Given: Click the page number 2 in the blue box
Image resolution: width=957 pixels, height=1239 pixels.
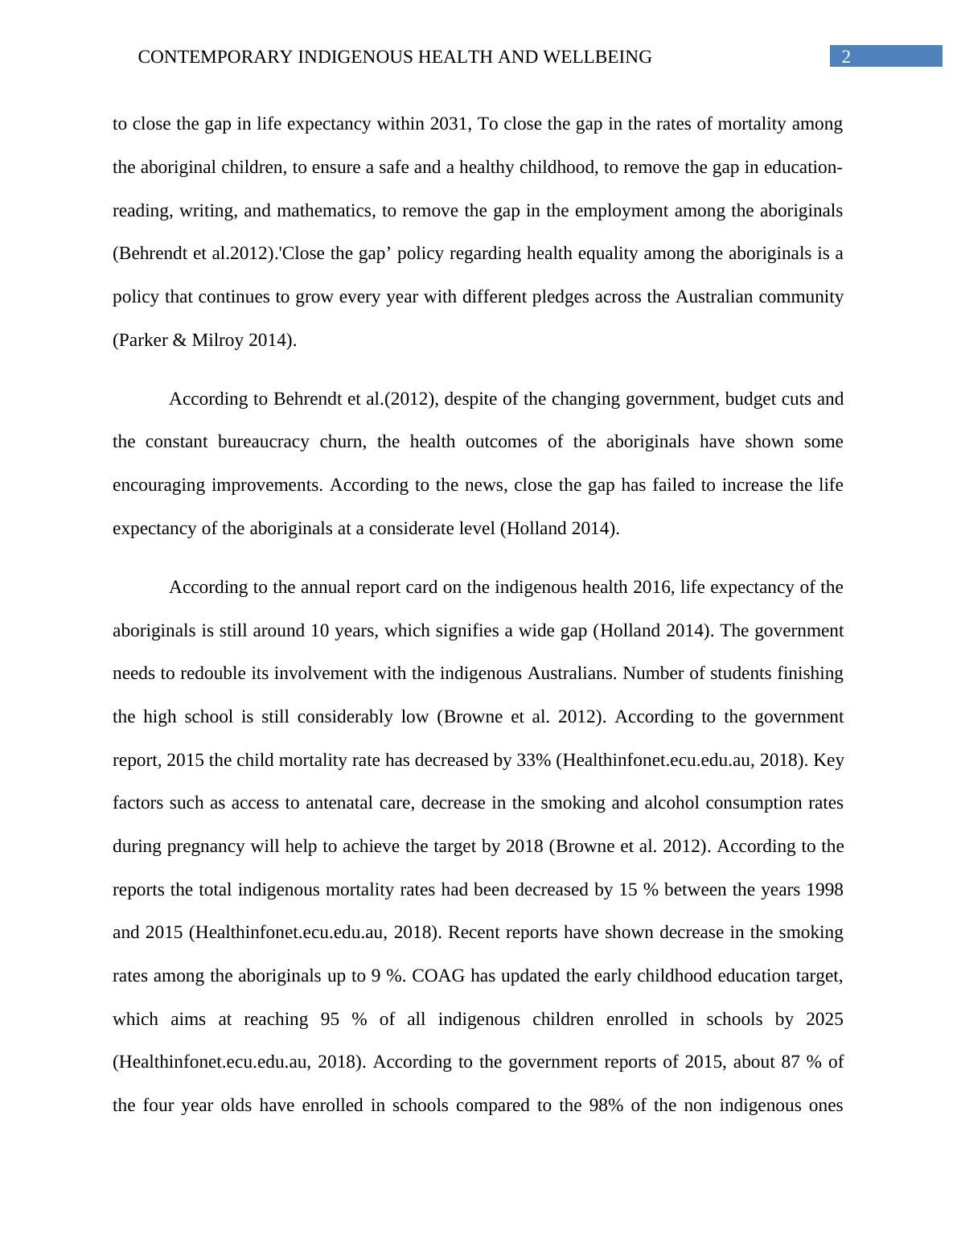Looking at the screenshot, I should point(845,56).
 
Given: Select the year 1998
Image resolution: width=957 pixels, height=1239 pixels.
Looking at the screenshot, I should point(824,890).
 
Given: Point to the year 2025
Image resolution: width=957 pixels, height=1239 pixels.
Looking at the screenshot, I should point(824,1019).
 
